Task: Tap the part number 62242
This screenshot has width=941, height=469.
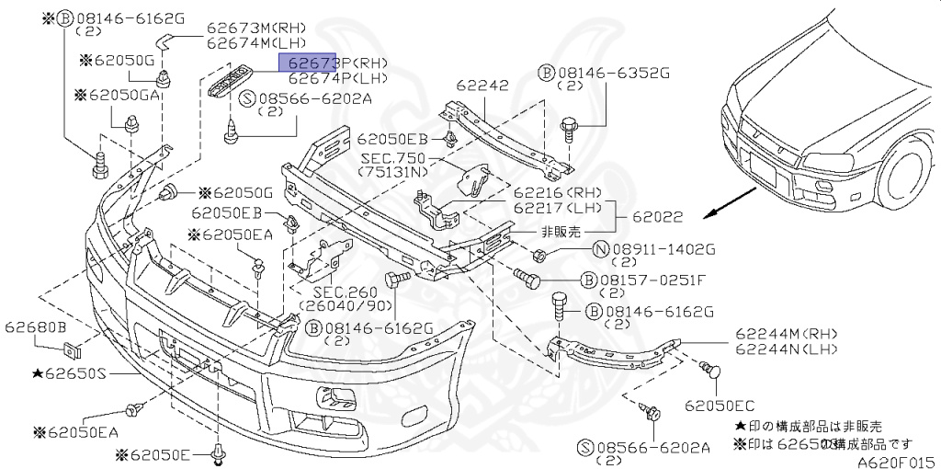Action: (482, 86)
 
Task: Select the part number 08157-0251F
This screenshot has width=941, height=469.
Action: (652, 280)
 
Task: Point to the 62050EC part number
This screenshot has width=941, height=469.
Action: (720, 404)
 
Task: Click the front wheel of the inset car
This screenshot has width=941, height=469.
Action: (905, 176)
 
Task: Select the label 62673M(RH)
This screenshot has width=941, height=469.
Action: (244, 29)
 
